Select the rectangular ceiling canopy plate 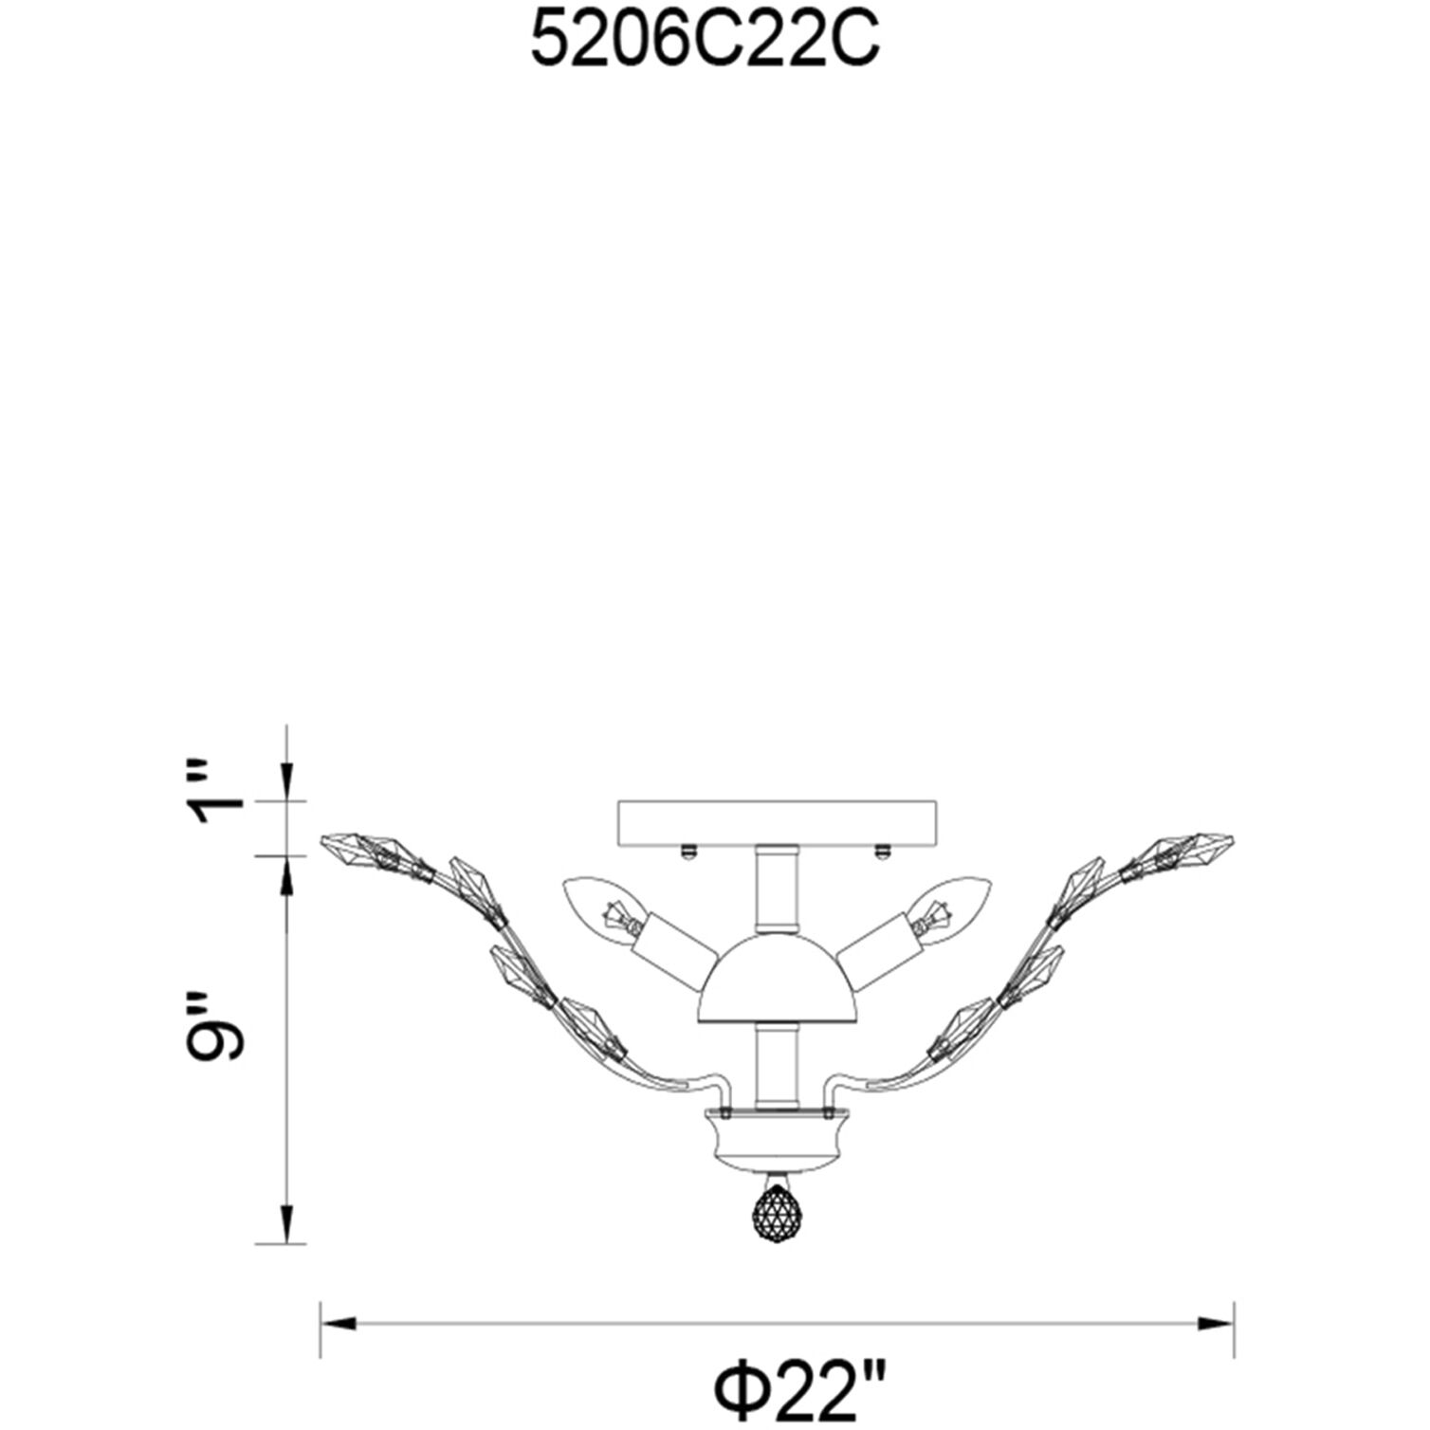777,821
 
